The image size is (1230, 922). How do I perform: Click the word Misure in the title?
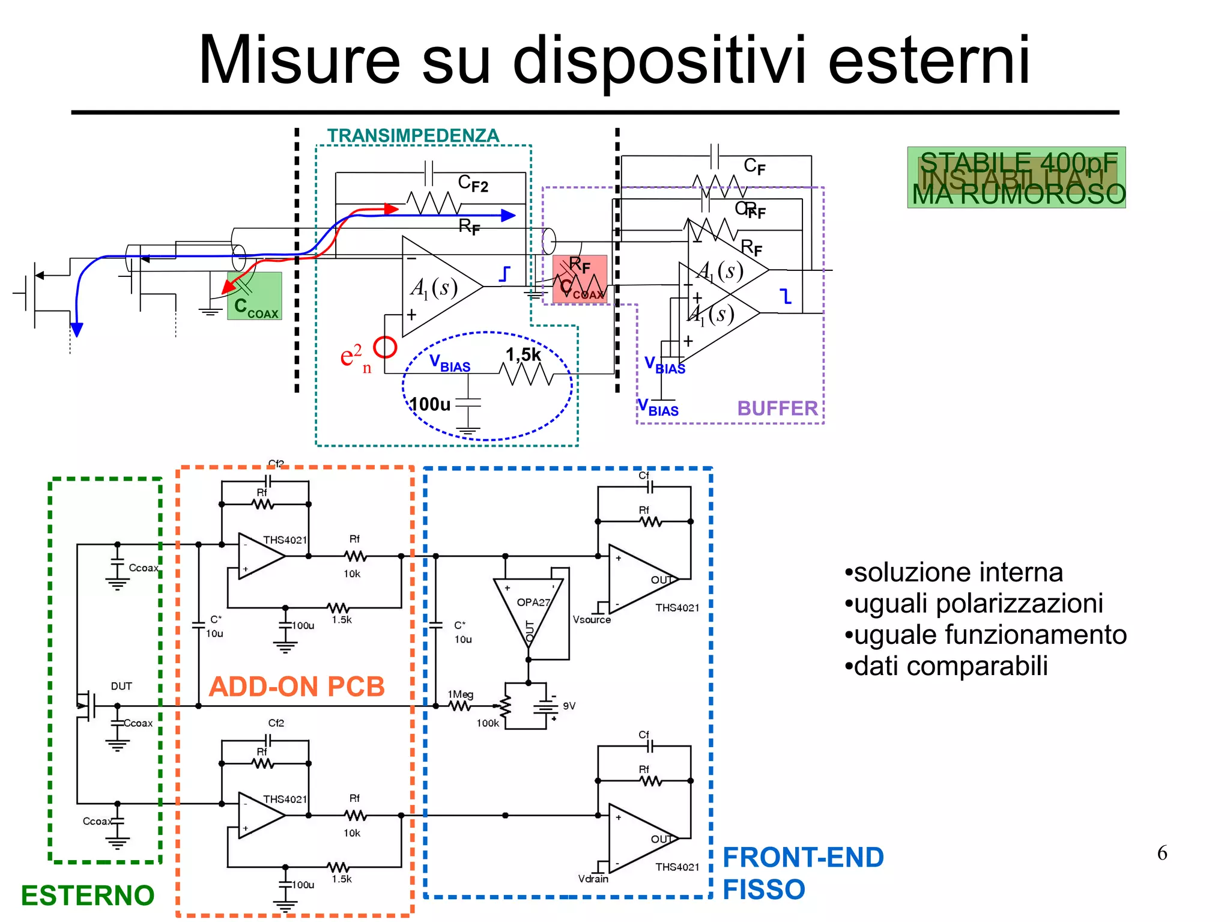298,60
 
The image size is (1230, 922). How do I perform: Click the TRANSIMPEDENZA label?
413,136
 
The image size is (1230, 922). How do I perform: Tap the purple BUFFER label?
777,408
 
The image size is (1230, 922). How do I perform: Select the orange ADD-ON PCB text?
297,687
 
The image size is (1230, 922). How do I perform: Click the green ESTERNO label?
88,895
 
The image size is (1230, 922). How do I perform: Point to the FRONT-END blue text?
803,857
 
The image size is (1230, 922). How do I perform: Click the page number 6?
1162,853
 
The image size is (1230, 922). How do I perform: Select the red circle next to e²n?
385,347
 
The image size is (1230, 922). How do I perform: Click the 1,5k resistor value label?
523,355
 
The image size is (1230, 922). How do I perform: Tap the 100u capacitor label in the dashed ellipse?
430,404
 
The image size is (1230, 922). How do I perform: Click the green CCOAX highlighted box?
255,296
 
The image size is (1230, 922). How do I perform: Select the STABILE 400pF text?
1019,162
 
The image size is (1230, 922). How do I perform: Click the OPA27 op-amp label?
533,602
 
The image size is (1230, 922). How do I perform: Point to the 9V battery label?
569,706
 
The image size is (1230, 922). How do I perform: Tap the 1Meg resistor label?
460,694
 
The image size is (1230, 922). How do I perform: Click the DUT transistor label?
121,686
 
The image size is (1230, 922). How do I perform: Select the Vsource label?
592,619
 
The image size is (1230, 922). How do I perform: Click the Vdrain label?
593,879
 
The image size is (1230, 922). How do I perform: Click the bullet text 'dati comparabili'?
950,666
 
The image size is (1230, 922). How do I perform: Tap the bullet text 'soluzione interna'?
958,572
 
